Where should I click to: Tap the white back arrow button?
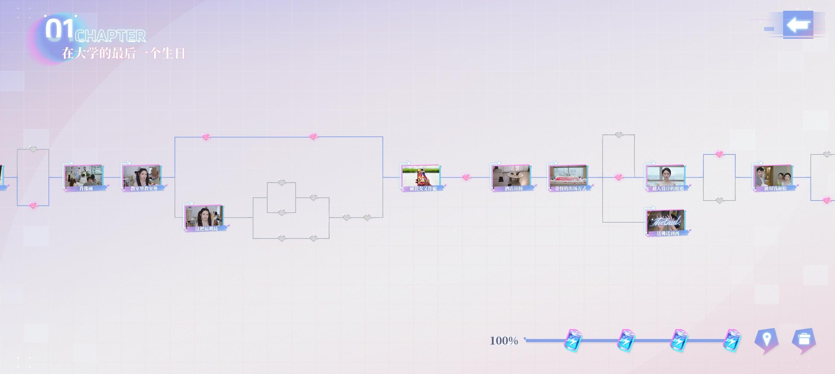tap(798, 25)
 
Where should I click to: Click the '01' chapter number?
tap(60, 30)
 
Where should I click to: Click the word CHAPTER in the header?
tap(110, 36)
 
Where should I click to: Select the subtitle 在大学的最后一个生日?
tap(124, 54)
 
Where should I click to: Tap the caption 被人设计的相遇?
tap(668, 189)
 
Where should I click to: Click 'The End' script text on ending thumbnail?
tap(665, 221)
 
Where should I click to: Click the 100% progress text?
tap(504, 341)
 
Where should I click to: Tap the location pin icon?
tap(766, 340)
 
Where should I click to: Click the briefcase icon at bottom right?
tap(804, 340)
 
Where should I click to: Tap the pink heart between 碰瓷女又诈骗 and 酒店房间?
tap(466, 177)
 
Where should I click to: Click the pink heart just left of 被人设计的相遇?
tap(619, 177)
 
